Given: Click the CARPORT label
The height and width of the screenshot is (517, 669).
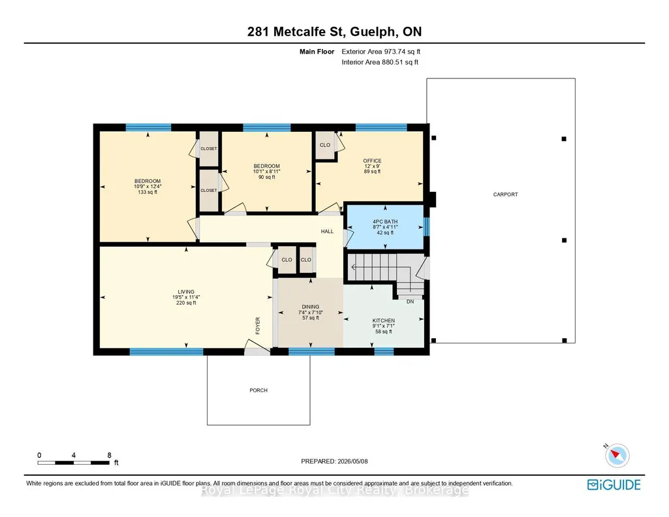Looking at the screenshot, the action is pos(505,195).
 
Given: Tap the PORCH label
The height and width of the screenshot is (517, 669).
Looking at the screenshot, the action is pos(258,390).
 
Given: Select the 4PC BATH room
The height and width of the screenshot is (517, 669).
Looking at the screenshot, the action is pos(385,227).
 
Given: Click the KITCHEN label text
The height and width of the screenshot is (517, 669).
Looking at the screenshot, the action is pos(384,321).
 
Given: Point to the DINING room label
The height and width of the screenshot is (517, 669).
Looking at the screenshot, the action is pos(310,307).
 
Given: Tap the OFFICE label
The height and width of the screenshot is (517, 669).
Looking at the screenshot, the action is pos(373,161).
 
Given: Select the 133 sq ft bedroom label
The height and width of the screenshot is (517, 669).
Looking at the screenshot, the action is pos(148,187).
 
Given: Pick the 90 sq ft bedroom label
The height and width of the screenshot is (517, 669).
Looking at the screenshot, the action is pos(267,172).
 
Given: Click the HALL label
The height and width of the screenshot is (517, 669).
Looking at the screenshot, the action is pos(327,231).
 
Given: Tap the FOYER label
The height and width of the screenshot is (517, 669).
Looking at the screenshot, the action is pos(258,326).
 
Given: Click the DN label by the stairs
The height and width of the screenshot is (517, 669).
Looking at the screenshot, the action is pos(410,302).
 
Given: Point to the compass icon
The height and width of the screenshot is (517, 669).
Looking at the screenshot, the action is pos(617,456).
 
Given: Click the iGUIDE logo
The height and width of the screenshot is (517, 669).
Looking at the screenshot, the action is pos(614,485).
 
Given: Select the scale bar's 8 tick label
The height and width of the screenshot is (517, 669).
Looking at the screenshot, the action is pos(109,455).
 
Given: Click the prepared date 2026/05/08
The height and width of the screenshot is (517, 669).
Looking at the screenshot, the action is pos(352,461).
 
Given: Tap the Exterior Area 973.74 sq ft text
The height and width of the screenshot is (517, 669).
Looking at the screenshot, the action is pos(381,52).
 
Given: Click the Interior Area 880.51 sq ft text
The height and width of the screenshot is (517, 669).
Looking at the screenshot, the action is pos(380,62).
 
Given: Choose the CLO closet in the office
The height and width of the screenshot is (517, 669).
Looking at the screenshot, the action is pos(325,145).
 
